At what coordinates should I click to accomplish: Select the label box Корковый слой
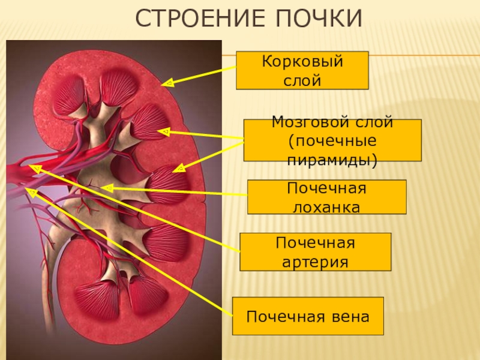[x=302, y=70]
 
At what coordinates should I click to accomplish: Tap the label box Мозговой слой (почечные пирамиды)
[x=332, y=140]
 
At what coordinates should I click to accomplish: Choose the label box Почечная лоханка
[x=326, y=197]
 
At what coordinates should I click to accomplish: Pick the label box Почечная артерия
[x=315, y=252]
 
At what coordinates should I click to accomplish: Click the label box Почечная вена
[x=308, y=316]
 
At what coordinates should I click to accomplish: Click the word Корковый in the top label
[x=302, y=62]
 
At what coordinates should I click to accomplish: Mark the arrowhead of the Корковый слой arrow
[x=168, y=83]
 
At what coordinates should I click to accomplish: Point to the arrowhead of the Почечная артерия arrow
[x=35, y=169]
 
